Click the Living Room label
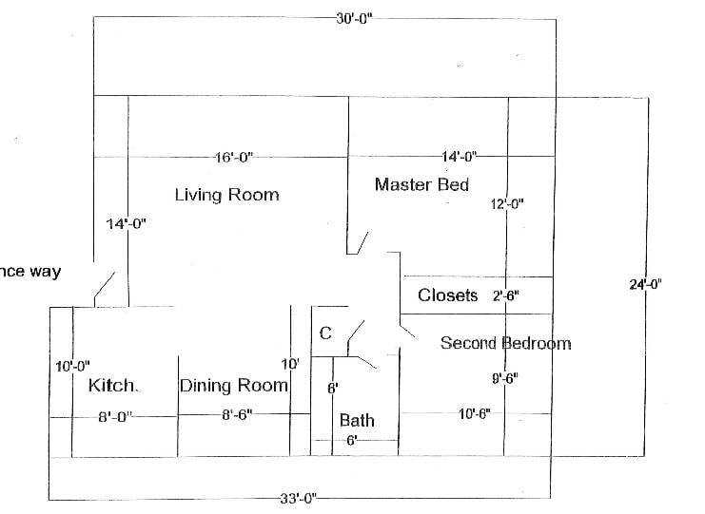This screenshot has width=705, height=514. tap(226, 195)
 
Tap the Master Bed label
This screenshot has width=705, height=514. tap(421, 184)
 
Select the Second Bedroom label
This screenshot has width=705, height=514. tap(505, 343)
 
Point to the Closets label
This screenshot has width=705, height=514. tap(447, 295)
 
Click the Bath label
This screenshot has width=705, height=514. tap(357, 420)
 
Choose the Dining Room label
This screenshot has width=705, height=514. tap(233, 386)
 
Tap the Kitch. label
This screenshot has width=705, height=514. tap(113, 386)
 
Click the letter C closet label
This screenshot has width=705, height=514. tap(325, 333)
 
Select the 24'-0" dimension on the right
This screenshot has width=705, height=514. tap(646, 283)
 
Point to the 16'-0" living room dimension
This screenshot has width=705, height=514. tap(233, 157)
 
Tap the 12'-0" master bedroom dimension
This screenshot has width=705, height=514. tap(507, 203)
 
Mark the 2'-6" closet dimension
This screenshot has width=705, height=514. tap(506, 295)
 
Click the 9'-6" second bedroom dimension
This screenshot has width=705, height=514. tap(504, 377)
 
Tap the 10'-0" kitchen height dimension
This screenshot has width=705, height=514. tap(72, 366)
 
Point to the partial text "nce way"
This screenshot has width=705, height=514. tap(30, 272)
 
